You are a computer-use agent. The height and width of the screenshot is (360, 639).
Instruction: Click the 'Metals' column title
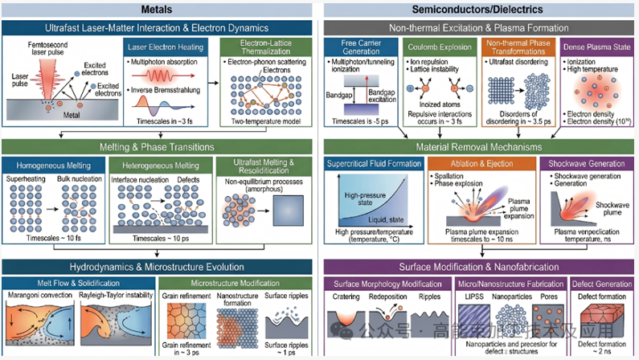[160, 10]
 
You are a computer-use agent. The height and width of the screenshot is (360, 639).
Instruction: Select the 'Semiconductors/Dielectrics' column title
[479, 10]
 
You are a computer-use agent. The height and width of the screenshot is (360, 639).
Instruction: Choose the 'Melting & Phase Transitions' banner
[160, 147]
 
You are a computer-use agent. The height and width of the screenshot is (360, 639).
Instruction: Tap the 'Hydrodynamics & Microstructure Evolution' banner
[160, 266]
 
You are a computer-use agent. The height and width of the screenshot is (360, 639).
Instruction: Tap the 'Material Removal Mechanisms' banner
[479, 147]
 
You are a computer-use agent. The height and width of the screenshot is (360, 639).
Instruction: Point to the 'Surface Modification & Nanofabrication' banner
[479, 266]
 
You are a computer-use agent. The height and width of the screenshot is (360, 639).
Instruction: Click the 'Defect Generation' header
[602, 284]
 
